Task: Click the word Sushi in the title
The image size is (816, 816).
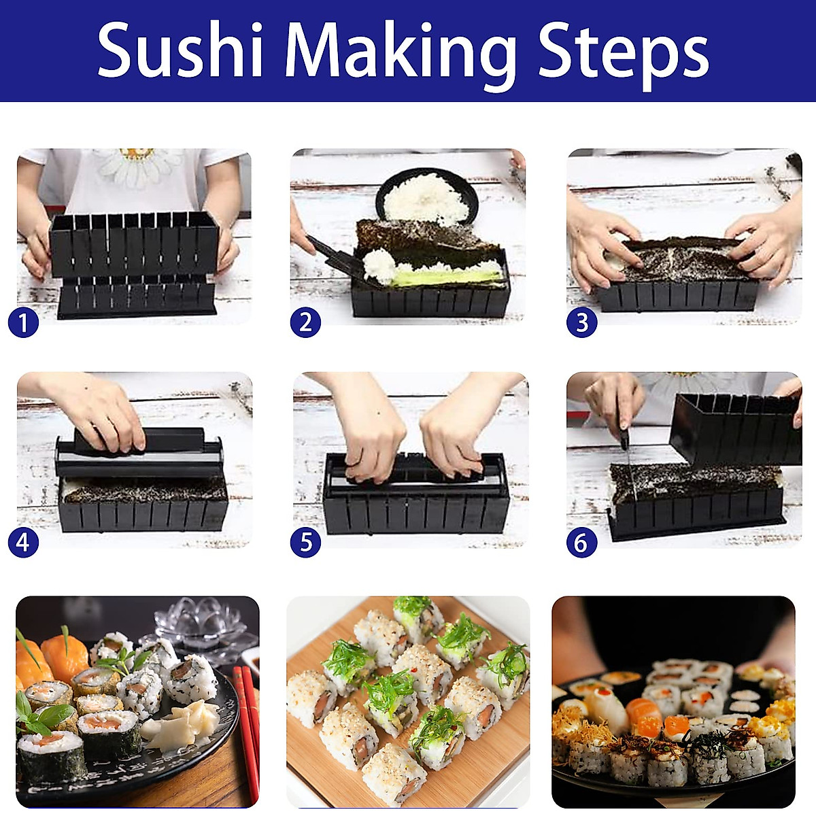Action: tap(180, 51)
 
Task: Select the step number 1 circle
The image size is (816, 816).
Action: tap(23, 322)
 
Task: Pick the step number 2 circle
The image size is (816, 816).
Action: tap(305, 322)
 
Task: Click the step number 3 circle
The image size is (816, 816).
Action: tap(581, 322)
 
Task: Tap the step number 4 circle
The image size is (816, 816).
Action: tap(23, 542)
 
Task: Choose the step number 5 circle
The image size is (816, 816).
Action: tap(305, 542)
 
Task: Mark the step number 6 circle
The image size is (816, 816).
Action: tap(581, 542)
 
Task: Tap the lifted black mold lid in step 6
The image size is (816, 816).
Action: tap(734, 428)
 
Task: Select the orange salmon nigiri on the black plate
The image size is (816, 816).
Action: tap(65, 656)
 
